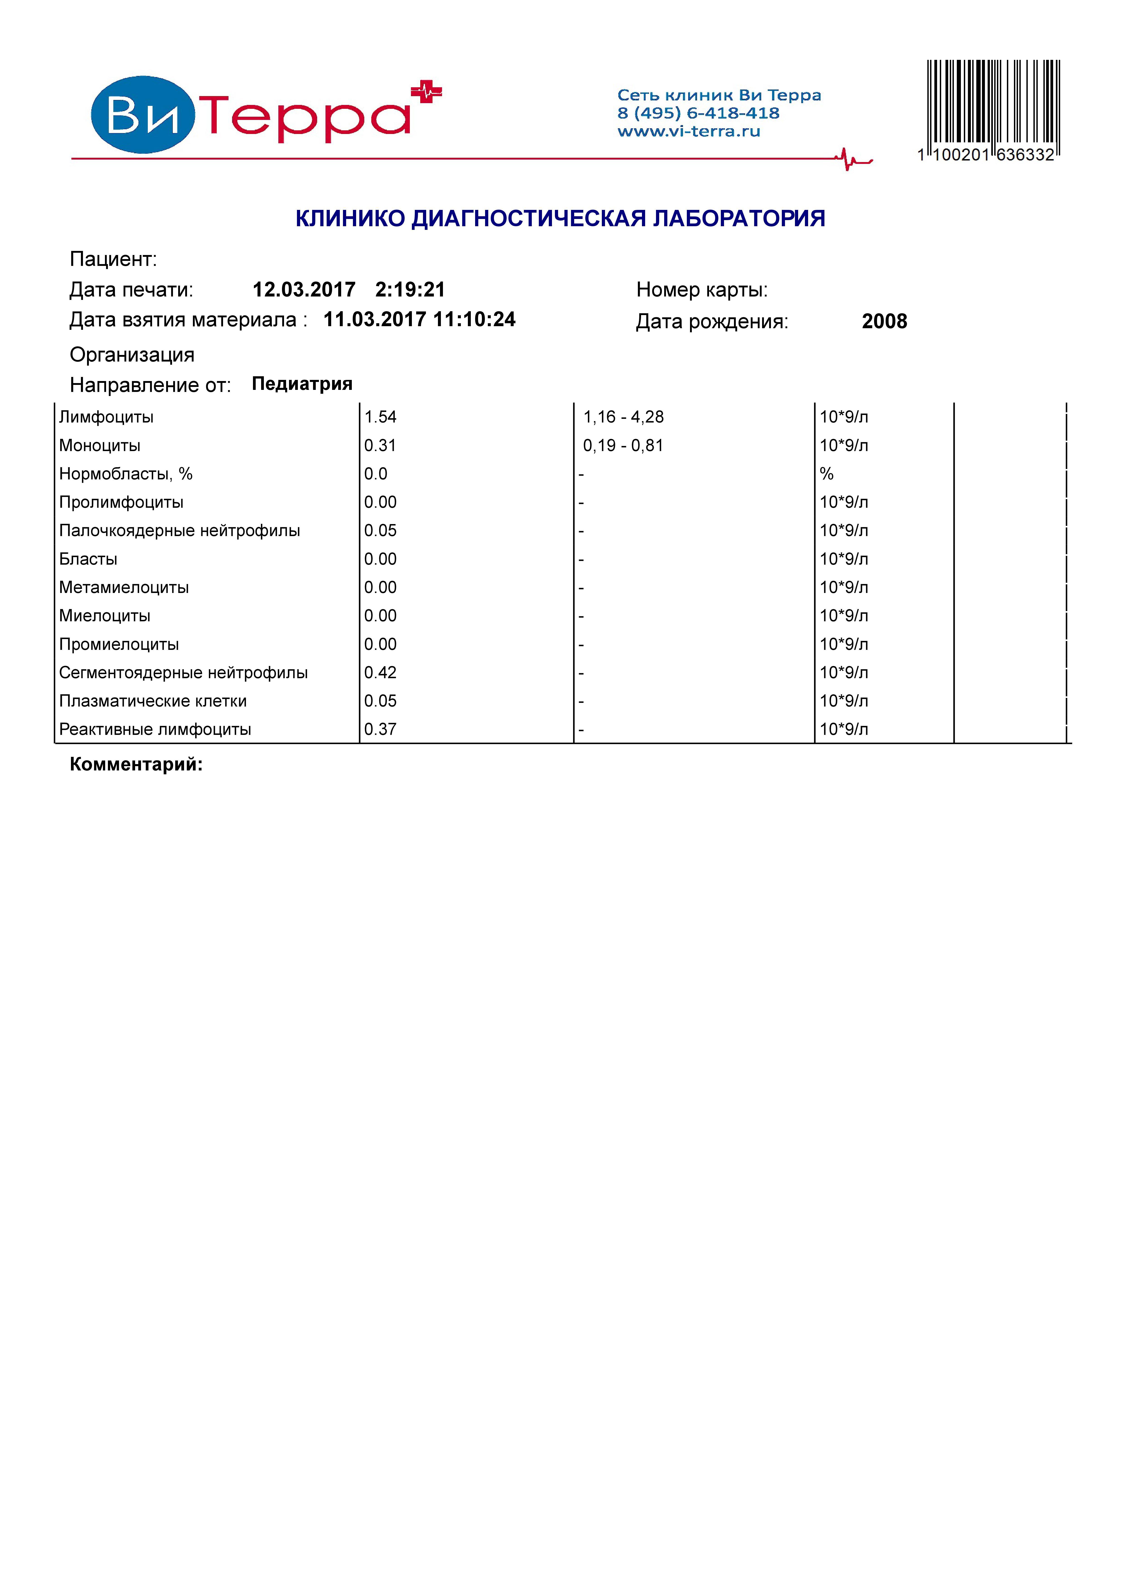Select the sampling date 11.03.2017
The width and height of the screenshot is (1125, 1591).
click(x=374, y=319)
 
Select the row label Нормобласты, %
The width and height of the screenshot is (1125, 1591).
click(x=125, y=474)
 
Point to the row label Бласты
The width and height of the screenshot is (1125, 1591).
click(x=88, y=559)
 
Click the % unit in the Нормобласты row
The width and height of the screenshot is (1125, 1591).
click(x=826, y=474)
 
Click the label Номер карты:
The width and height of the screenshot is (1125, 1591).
click(x=702, y=290)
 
